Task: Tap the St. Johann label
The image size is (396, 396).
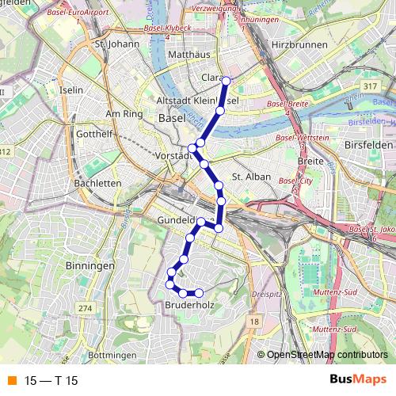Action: pos(112,45)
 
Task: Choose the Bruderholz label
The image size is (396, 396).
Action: pos(187,304)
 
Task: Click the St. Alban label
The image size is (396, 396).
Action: pos(251,177)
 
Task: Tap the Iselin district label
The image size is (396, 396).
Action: pos(71,90)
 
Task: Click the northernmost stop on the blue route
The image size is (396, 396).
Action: pos(226,80)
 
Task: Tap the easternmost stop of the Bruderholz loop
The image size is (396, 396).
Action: pos(199,294)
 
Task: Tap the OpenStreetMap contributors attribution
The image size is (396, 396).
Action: pos(326,356)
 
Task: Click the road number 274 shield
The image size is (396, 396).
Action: pos(85,307)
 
